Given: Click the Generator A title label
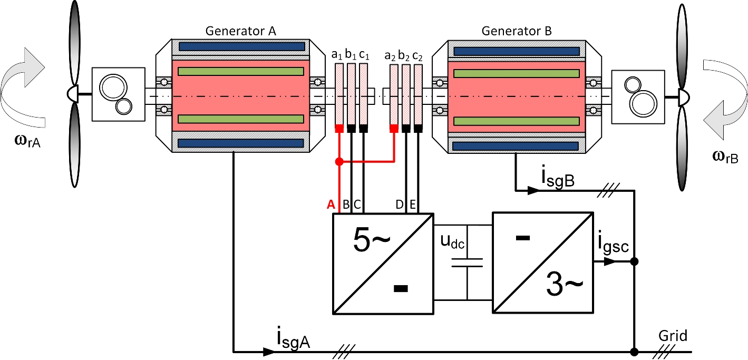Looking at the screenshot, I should [x=240, y=32].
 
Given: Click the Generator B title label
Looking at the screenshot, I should [x=517, y=32].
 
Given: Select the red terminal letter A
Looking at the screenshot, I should [x=331, y=205].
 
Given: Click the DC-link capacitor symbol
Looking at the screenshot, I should [x=467, y=262].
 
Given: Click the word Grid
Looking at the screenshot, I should [x=673, y=336].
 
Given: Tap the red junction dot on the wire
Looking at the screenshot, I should [x=339, y=161].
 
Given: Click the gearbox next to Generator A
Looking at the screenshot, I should [x=118, y=94].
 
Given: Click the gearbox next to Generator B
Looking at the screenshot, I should [x=637, y=94].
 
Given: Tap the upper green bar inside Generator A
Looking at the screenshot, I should [x=240, y=71].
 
